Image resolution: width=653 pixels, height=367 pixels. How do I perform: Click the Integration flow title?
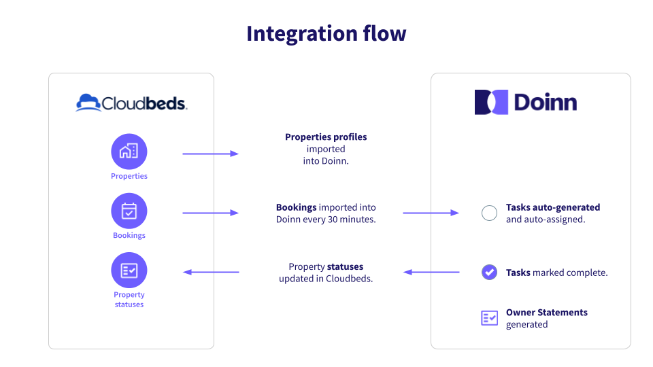[x=326, y=33]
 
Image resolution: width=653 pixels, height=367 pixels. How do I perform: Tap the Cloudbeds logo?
[x=131, y=103]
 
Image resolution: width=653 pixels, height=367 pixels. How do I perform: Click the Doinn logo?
[x=526, y=102]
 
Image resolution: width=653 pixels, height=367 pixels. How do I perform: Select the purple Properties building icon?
[x=129, y=151]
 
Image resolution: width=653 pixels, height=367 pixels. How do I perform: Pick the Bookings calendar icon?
[x=129, y=211]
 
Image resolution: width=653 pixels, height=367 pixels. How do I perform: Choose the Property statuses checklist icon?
[x=129, y=270]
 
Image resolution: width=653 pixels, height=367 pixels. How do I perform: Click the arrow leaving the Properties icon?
[x=210, y=154]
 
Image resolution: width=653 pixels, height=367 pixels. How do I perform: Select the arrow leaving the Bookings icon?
[x=210, y=213]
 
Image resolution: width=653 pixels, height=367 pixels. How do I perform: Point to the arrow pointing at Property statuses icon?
[x=211, y=272]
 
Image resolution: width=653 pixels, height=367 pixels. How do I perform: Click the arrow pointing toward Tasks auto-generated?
[x=431, y=213]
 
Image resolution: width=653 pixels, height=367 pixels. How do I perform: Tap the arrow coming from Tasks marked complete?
[x=431, y=272]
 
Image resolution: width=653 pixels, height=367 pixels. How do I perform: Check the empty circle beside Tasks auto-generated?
[x=489, y=213]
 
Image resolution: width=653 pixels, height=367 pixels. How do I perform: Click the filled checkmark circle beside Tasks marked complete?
[x=489, y=272]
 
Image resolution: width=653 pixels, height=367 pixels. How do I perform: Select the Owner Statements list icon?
[x=489, y=317]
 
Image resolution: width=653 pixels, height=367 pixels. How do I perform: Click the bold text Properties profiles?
[x=326, y=137]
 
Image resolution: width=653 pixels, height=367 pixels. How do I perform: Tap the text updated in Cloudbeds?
[x=326, y=279]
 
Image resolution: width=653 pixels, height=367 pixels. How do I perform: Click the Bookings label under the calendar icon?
[x=129, y=235]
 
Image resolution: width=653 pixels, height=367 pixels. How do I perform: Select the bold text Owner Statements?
[x=546, y=313]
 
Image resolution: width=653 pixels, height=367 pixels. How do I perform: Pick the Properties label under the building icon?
[x=129, y=176]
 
